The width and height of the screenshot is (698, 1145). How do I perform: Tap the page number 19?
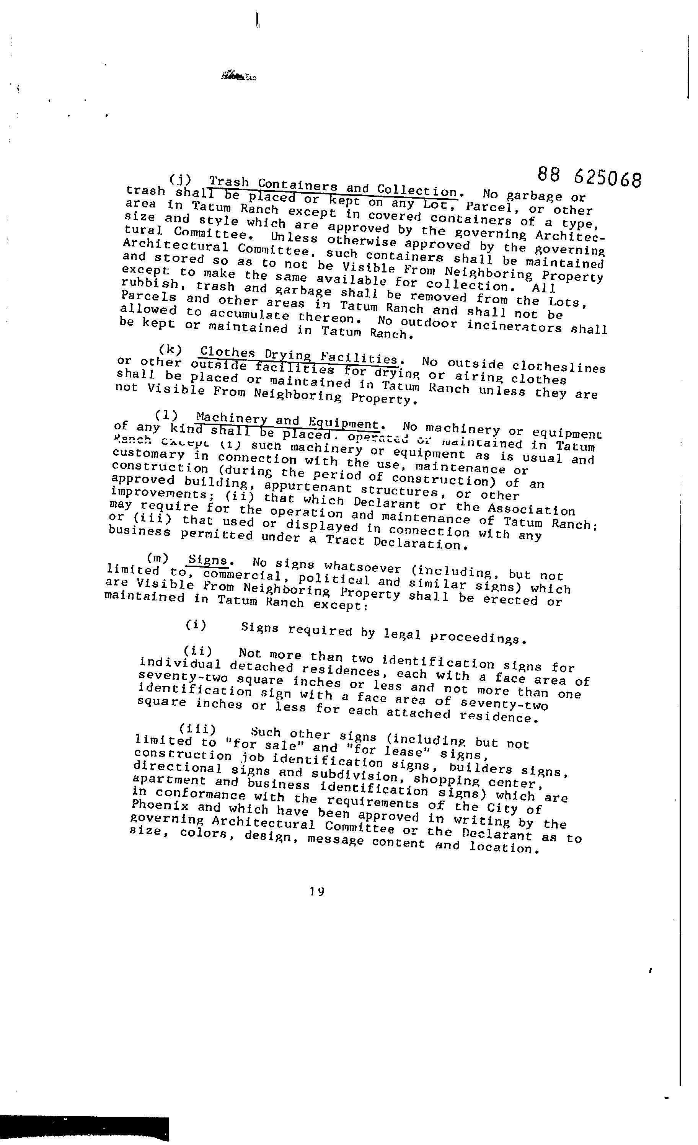click(317, 892)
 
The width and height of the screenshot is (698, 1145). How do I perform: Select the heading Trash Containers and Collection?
click(333, 186)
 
